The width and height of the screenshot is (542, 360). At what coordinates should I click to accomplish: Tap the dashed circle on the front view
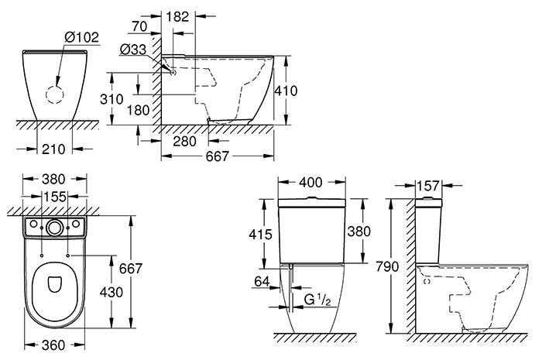click(55, 94)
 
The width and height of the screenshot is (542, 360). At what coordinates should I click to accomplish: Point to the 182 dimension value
click(177, 15)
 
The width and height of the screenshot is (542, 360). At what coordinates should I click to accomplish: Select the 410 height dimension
click(289, 90)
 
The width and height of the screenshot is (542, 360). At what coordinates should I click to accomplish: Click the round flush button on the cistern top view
click(53, 228)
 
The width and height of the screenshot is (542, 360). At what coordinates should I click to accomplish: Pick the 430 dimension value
click(113, 293)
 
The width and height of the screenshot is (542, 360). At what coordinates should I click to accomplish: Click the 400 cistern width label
click(311, 183)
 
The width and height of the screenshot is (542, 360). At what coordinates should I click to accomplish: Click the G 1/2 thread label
click(312, 297)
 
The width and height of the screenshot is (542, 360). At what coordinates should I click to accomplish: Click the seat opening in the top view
click(54, 285)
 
